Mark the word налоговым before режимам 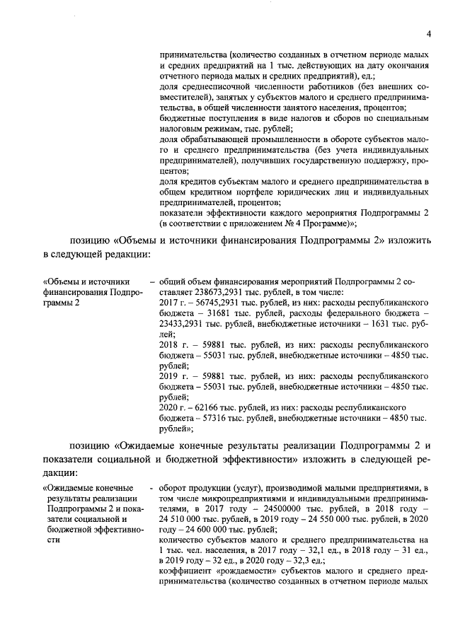[187, 130]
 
